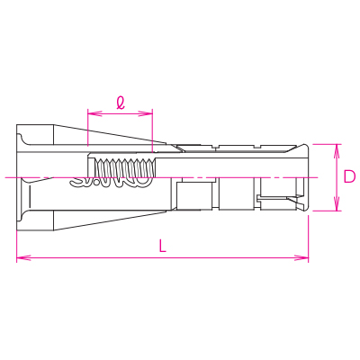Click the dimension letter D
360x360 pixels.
pos(349,176)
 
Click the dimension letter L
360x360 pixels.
pos(162,246)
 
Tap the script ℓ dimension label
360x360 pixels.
pos(121,103)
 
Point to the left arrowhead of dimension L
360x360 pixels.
pos(23,257)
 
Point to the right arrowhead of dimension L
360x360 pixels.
pos(301,257)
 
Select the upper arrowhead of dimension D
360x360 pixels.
pos(337,151)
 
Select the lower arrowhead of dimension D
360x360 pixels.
pos(337,203)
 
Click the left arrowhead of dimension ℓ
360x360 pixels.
pos(94,113)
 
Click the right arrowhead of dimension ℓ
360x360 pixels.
pos(146,113)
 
